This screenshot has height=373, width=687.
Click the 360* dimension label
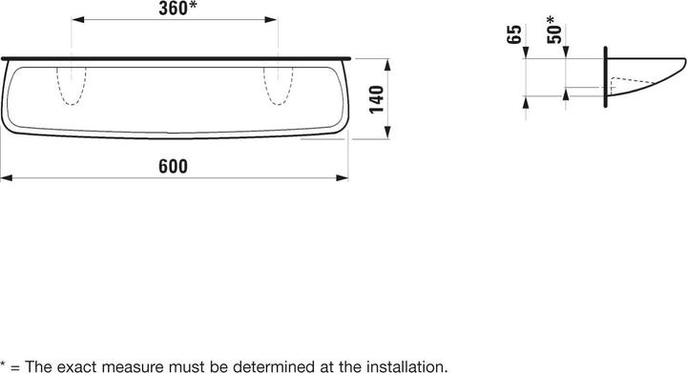(177, 9)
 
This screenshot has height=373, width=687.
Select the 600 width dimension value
(173, 166)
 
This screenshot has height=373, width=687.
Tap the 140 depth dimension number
(376, 99)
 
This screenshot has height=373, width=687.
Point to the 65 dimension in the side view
(514, 34)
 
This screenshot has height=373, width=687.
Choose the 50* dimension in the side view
(554, 30)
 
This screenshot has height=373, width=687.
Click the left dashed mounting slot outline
(72, 86)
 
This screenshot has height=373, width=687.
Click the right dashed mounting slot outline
(279, 86)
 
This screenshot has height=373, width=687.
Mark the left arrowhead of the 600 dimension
(7, 177)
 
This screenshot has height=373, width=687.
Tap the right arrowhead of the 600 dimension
(343, 177)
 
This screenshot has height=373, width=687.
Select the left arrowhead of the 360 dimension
(78, 20)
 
